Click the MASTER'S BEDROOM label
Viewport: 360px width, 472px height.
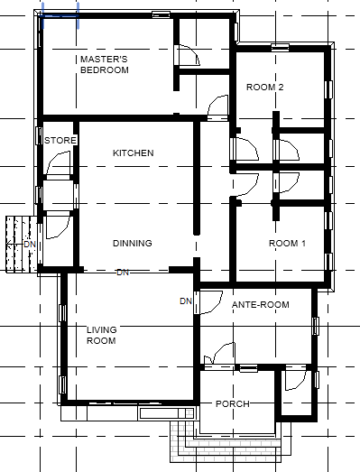pyautogui.click(x=105, y=64)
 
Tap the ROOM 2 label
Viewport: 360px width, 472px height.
pyautogui.click(x=265, y=88)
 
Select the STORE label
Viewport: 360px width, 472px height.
pyautogui.click(x=60, y=141)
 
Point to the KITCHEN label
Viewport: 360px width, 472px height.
pyautogui.click(x=133, y=153)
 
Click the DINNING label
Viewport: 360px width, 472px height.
pyautogui.click(x=132, y=244)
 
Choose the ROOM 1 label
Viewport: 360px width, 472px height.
pyautogui.click(x=288, y=245)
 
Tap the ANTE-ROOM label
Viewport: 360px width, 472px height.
pyautogui.click(x=260, y=305)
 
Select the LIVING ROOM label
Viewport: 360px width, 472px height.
pyautogui.click(x=101, y=335)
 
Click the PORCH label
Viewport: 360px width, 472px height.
pyautogui.click(x=232, y=403)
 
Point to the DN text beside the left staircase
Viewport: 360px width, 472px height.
pyautogui.click(x=29, y=245)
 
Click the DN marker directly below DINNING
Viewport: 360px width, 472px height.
pyautogui.click(x=123, y=272)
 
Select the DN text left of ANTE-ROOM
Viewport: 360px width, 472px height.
pyautogui.click(x=186, y=301)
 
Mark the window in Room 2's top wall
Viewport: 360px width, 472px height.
pyautogui.click(x=278, y=46)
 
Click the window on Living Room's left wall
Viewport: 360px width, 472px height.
pyautogui.click(x=62, y=313)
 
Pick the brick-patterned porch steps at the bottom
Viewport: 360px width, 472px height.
pyautogui.click(x=232, y=449)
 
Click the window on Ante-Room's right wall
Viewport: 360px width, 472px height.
pyautogui.click(x=315, y=326)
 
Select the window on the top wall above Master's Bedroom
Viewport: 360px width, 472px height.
pyautogui.click(x=161, y=14)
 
